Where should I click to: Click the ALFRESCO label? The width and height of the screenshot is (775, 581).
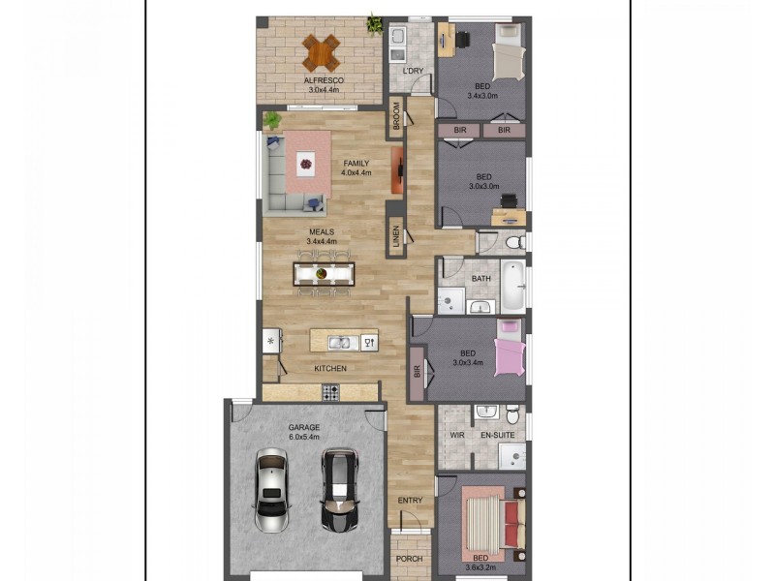pos(321,81)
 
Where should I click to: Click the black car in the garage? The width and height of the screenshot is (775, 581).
pos(339,489)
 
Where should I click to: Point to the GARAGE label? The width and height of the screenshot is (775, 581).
pos(303,426)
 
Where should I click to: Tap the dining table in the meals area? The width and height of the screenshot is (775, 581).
pos(325,272)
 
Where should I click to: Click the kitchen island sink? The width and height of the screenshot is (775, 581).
pos(340,342)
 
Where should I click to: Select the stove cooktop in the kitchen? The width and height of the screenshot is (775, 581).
pos(330,392)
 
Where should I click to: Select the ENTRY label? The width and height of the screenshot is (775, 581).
pos(411,500)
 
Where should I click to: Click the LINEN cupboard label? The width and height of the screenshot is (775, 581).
pos(396,238)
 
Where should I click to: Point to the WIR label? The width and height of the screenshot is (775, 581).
pos(456,436)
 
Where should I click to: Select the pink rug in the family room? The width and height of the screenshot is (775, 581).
pos(306,167)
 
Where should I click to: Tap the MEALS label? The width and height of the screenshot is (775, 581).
pos(322,231)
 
